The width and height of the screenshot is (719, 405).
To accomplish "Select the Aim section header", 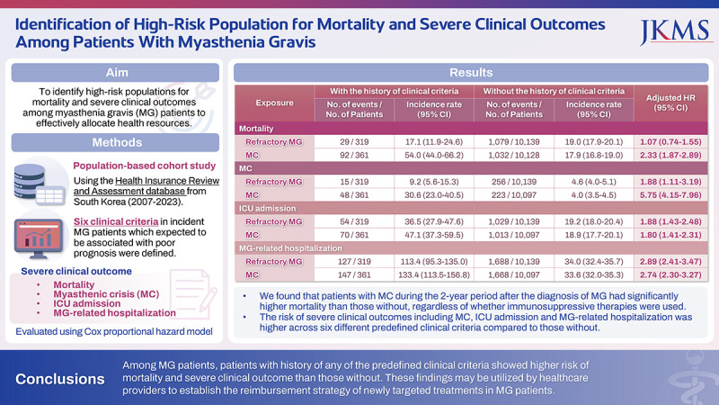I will (x=116, y=72).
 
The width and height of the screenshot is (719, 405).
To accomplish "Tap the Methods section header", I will (x=116, y=142).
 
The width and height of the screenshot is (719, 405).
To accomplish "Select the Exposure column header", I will (x=274, y=103).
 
